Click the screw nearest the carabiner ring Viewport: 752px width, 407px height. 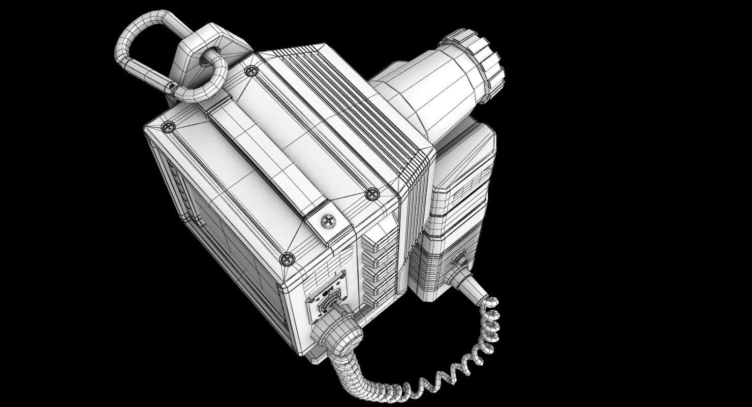point(249,71)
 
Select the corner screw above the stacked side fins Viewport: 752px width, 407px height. point(372,193)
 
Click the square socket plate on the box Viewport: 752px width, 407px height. point(325,300)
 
